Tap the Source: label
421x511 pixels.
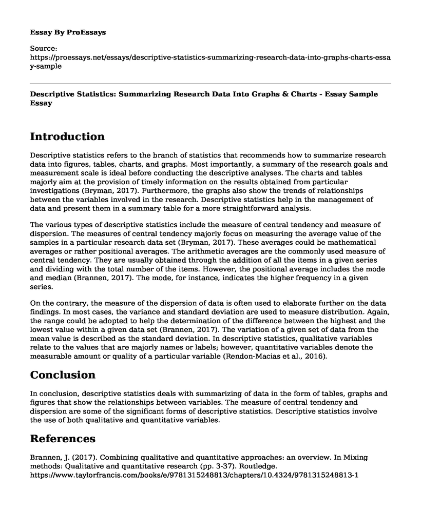[x=44, y=50]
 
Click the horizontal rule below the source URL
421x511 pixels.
[x=210, y=84]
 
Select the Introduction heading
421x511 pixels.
[x=67, y=136]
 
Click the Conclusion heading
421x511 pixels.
[x=63, y=375]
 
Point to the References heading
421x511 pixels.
[x=62, y=439]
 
